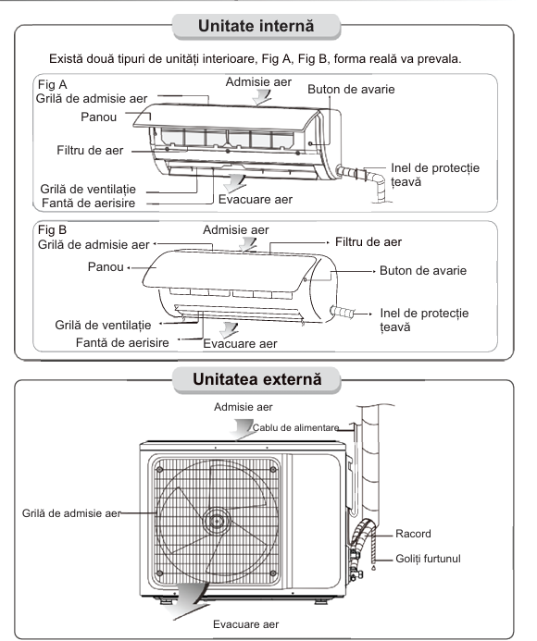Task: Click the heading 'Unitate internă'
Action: pyautogui.click(x=256, y=26)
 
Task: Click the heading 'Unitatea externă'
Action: pyautogui.click(x=257, y=379)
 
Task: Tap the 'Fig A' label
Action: pyautogui.click(x=52, y=84)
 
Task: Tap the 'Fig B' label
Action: pyautogui.click(x=52, y=229)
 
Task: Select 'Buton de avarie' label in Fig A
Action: pyautogui.click(x=351, y=89)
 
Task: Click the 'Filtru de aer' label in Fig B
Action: pyautogui.click(x=368, y=242)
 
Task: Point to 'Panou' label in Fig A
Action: pyautogui.click(x=99, y=117)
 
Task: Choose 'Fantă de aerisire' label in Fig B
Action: pyautogui.click(x=122, y=342)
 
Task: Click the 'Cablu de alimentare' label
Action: pyautogui.click(x=295, y=427)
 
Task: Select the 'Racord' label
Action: pyautogui.click(x=413, y=534)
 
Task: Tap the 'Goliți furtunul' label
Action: pyautogui.click(x=428, y=559)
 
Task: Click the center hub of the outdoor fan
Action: pyautogui.click(x=216, y=522)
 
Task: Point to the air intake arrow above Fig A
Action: pyautogui.click(x=261, y=97)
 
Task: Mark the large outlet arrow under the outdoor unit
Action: pyautogui.click(x=187, y=601)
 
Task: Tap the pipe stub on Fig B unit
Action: pyautogui.click(x=343, y=313)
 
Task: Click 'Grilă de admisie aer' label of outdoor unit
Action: pyautogui.click(x=71, y=513)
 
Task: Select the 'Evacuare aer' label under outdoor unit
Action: pyautogui.click(x=245, y=624)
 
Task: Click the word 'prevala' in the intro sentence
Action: pyautogui.click(x=439, y=59)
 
